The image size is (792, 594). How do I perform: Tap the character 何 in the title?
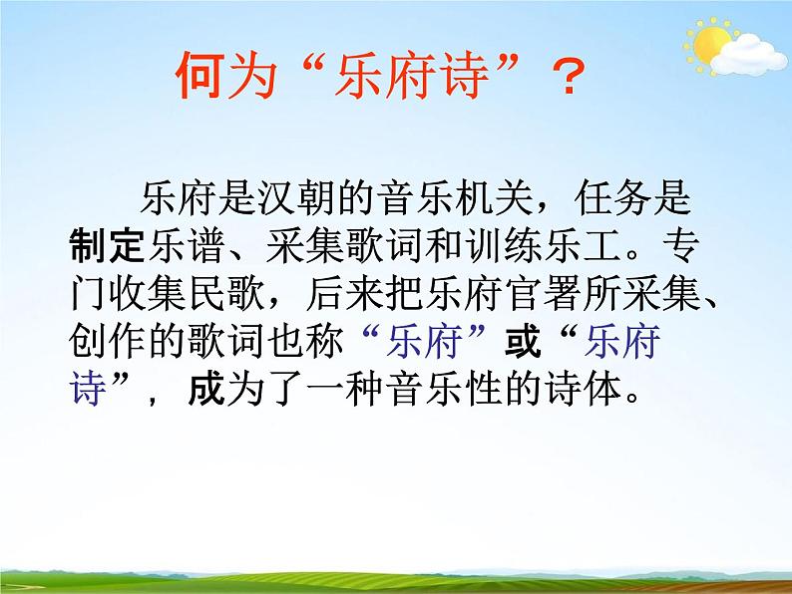pos(198,76)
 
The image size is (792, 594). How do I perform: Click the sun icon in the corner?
pos(710,42)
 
